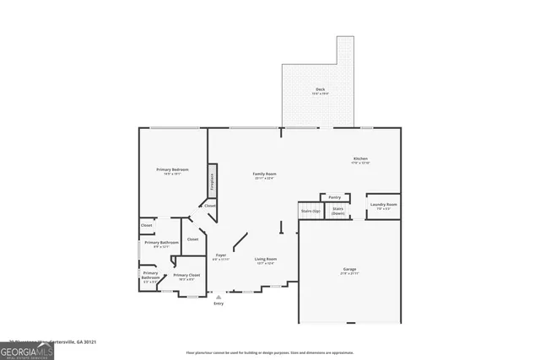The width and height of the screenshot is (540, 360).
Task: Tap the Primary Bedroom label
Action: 173,170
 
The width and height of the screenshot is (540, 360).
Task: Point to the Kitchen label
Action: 360,159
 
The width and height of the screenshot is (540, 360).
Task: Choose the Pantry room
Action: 335,197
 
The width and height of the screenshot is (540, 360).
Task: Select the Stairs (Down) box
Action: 337,211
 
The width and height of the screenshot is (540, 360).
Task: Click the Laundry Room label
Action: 382,205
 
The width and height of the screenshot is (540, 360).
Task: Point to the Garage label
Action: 349,270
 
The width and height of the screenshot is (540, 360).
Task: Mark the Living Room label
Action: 266,260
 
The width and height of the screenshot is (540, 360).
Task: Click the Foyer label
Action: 221,255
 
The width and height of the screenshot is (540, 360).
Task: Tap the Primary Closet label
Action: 186,276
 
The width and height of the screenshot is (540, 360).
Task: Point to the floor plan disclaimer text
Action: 271,352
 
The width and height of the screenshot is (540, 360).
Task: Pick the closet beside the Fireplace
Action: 209,206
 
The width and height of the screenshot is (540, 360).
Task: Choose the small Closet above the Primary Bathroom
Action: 147,226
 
